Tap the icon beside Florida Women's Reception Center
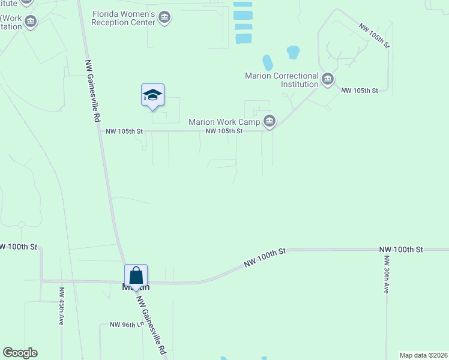pyautogui.click(x=165, y=19)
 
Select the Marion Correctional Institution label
pyautogui.click(x=282, y=80)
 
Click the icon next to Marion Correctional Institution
pyautogui.click(x=328, y=79)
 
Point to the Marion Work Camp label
pyautogui.click(x=224, y=122)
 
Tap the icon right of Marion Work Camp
pyautogui.click(x=270, y=122)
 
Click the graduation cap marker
pyautogui.click(x=152, y=95)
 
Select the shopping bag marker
pyautogui.click(x=136, y=276)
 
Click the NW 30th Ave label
pyautogui.click(x=387, y=275)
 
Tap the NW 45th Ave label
pyautogui.click(x=61, y=306)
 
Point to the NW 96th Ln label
pyautogui.click(x=127, y=325)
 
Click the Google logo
pyautogui.click(x=20, y=353)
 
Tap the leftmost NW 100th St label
pyautogui.click(x=19, y=247)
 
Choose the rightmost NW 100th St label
pyautogui.click(x=401, y=249)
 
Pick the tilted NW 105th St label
pyautogui.click(x=374, y=36)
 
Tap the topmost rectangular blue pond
pyautogui.click(x=243, y=5)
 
